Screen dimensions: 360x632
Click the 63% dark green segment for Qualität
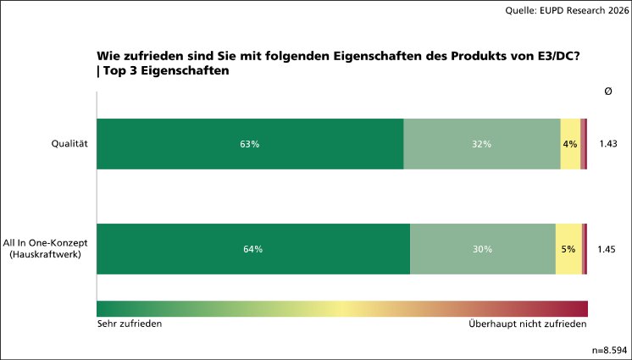[x=250, y=144]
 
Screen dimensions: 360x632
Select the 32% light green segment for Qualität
[x=481, y=144]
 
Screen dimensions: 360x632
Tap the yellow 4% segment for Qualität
[x=570, y=144]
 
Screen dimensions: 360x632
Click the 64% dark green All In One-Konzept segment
[x=252, y=249]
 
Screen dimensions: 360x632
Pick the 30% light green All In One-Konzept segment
[x=482, y=249]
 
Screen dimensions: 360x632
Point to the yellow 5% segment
[x=568, y=249]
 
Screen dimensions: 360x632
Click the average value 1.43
[x=607, y=144]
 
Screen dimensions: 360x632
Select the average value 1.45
[x=607, y=249]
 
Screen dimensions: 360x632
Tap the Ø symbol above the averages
[x=607, y=91]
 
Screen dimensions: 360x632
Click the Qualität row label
[x=70, y=144]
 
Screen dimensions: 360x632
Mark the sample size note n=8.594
[x=608, y=349]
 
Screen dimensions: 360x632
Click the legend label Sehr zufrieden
[x=130, y=324]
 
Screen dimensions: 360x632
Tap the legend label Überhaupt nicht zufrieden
[x=527, y=324]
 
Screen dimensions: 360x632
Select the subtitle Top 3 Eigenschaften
[x=167, y=72]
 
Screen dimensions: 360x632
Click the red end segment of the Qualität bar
[x=585, y=144]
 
